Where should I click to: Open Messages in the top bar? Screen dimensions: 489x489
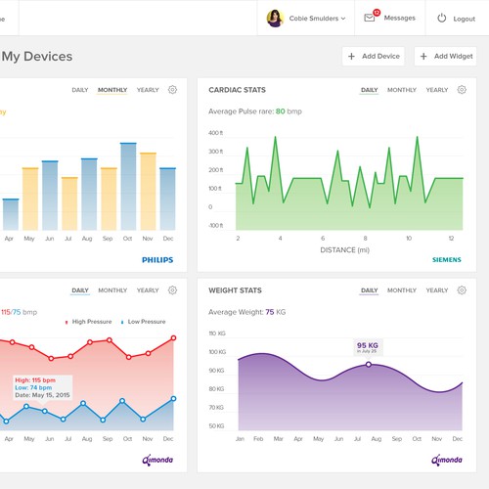click(x=389, y=18)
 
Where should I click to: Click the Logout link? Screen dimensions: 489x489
click(x=456, y=19)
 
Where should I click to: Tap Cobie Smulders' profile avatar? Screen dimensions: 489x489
click(x=275, y=18)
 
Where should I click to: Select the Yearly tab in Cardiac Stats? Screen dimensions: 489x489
click(x=437, y=90)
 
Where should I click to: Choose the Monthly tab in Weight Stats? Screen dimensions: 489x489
click(x=401, y=290)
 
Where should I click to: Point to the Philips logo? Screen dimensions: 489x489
click(x=157, y=260)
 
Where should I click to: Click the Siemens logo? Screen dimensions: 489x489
click(x=447, y=260)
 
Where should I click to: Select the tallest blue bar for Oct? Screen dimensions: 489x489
click(x=128, y=186)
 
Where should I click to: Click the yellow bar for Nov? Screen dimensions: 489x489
click(x=148, y=191)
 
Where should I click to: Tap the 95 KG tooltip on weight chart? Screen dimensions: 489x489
click(x=368, y=346)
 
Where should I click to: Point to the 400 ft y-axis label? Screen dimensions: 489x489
click(x=216, y=132)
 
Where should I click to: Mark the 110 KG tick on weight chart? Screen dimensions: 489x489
click(x=217, y=333)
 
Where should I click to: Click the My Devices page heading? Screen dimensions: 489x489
click(x=37, y=57)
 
